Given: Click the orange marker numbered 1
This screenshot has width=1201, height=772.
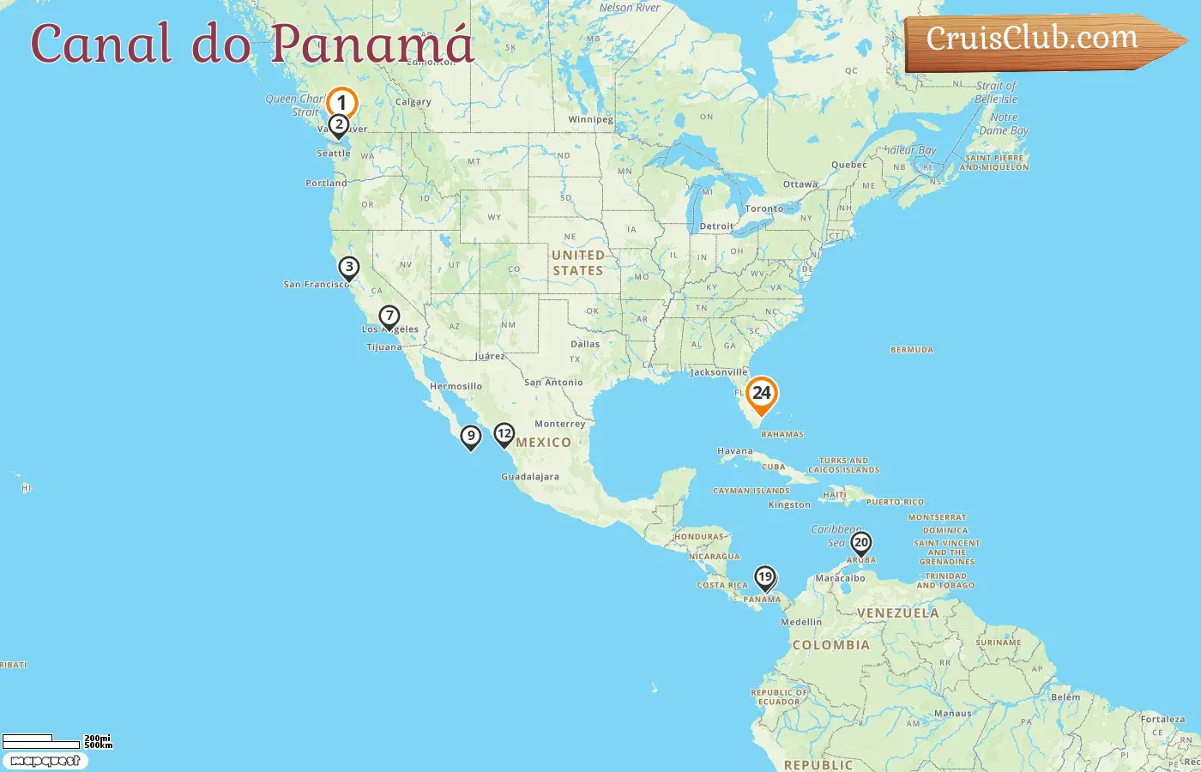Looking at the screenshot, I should point(341,103).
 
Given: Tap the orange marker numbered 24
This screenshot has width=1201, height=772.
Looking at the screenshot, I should point(761,394).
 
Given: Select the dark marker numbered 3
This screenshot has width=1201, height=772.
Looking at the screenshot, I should point(348,268).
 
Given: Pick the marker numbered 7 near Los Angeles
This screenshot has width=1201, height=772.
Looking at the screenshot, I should point(389,317).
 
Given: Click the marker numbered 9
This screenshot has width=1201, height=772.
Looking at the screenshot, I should point(470,437).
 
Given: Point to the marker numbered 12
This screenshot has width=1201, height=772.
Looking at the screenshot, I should point(504,434).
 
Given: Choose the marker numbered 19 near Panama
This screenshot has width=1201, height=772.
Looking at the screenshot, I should point(764,577).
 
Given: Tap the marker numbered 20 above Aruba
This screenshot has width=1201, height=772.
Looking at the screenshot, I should point(860,543).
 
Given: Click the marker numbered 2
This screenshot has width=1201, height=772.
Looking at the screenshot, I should point(339,125).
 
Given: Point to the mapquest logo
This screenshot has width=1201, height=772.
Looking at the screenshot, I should point(45,761).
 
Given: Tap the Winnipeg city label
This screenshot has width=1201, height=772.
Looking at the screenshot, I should point(590,120).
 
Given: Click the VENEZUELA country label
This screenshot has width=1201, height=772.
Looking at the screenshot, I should point(897,613).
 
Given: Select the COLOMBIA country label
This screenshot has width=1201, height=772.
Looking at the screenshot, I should point(830,645).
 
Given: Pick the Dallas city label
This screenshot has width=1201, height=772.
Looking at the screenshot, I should point(585,344).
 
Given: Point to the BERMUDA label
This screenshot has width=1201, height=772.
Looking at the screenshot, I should point(911,350).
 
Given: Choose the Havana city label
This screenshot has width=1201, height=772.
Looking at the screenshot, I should point(734,451).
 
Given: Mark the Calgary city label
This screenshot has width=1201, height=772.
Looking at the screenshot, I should point(413,102).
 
